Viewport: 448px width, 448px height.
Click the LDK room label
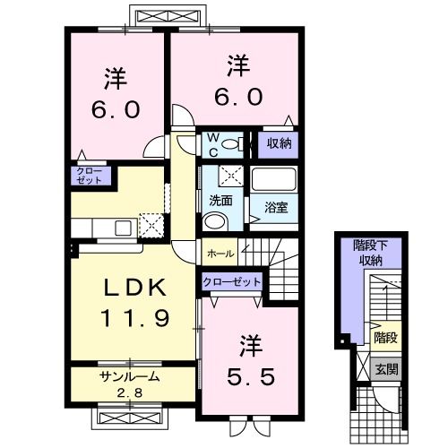[133, 288]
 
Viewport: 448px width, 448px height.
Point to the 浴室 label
[275, 208]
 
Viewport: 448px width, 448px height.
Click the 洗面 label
[220, 201]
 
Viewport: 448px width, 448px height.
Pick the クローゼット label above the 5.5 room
[232, 281]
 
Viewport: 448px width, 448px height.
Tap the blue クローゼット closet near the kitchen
[90, 175]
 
